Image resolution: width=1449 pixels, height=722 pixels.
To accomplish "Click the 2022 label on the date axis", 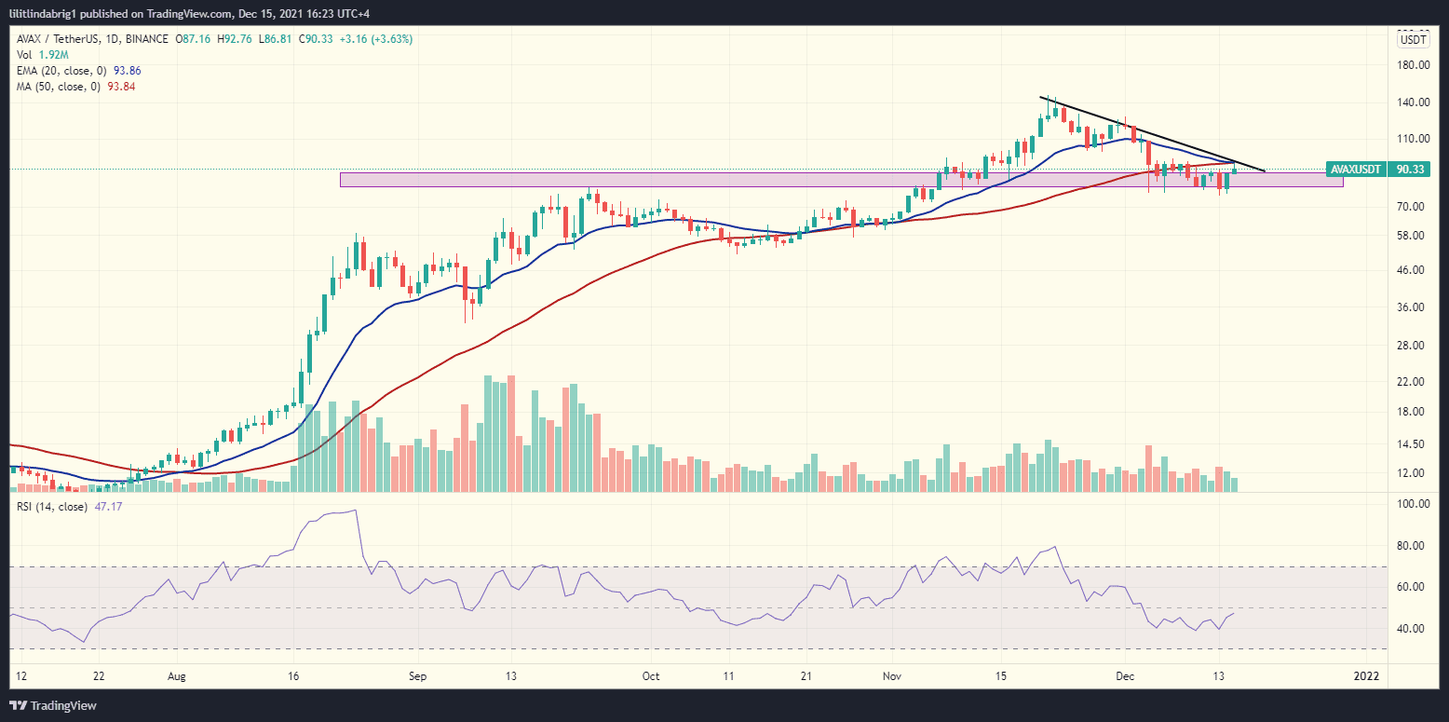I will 1366,674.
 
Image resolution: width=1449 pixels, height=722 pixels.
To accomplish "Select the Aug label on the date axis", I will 175,674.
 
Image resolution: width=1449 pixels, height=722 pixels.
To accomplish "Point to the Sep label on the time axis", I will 417,674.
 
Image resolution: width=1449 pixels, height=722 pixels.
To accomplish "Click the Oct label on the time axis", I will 651,674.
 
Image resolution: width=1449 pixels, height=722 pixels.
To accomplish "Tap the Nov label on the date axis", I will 892,674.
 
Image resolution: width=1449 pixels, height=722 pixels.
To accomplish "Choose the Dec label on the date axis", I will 1125,674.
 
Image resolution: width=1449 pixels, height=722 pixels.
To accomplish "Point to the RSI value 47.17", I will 109,507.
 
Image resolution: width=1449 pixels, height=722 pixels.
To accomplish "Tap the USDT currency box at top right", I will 1414,39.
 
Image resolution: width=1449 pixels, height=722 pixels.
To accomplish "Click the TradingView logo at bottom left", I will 54,705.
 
